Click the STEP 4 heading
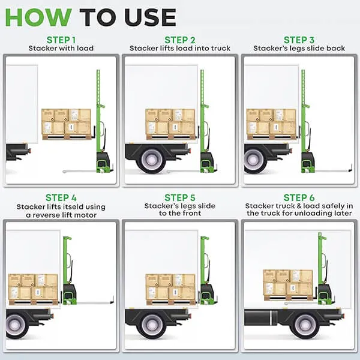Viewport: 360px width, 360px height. click(61, 197)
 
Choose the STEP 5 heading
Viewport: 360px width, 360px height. click(179, 197)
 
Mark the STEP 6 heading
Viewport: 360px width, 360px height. click(299, 197)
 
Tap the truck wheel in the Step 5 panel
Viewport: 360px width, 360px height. click(151, 324)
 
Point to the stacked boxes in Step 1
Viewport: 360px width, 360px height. click(66, 123)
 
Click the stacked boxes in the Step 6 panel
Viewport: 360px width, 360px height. click(288, 284)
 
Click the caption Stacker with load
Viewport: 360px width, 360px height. click(61, 49)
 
